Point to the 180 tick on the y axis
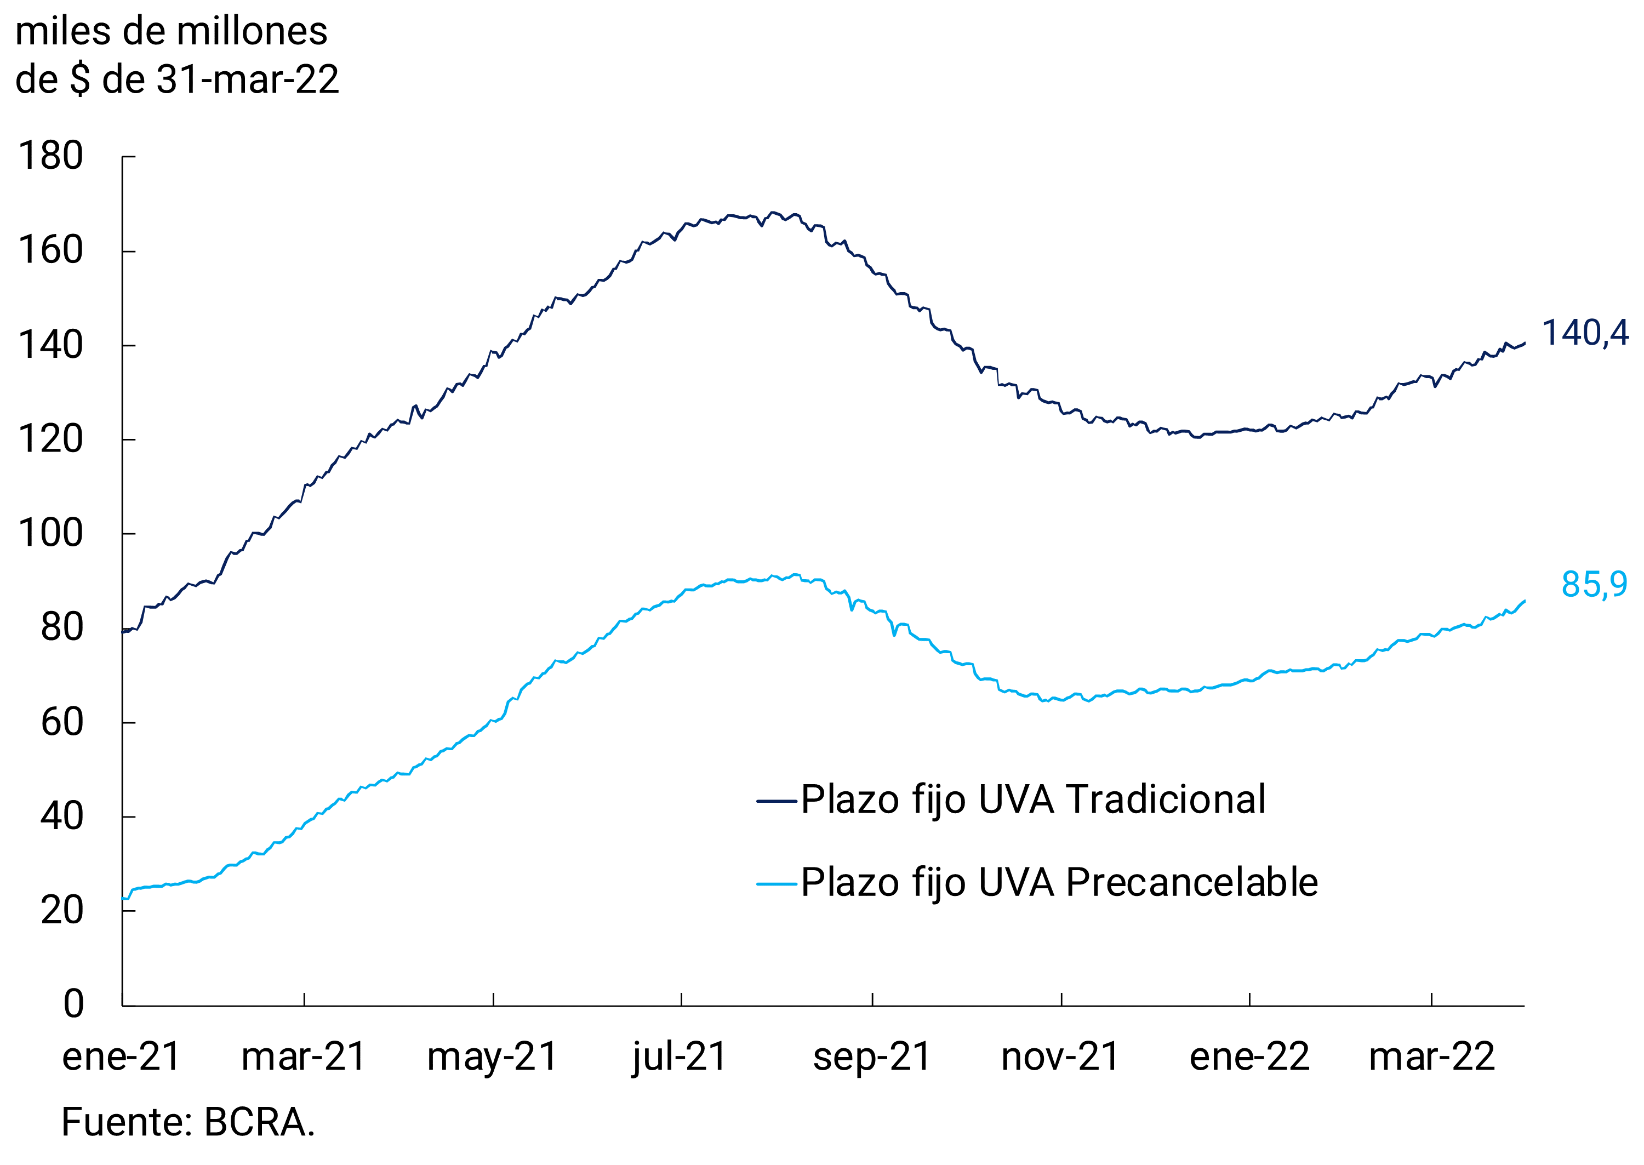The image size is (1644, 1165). pyautogui.click(x=50, y=156)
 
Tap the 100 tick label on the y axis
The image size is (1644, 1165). pyautogui.click(x=50, y=534)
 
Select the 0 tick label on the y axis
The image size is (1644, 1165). pyautogui.click(x=73, y=1003)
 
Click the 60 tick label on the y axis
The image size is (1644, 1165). pyautogui.click(x=62, y=722)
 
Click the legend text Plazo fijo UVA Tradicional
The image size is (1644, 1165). pyautogui.click(x=1033, y=800)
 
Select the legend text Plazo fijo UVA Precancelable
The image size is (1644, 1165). pyautogui.click(x=1059, y=883)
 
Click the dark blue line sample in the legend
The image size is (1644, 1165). pyautogui.click(x=777, y=801)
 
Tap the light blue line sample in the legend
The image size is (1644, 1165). pyautogui.click(x=777, y=884)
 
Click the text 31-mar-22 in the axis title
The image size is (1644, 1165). pyautogui.click(x=248, y=79)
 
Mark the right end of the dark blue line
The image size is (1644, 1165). pyautogui.click(x=1524, y=344)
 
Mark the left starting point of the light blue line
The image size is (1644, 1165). pyautogui.click(x=123, y=898)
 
